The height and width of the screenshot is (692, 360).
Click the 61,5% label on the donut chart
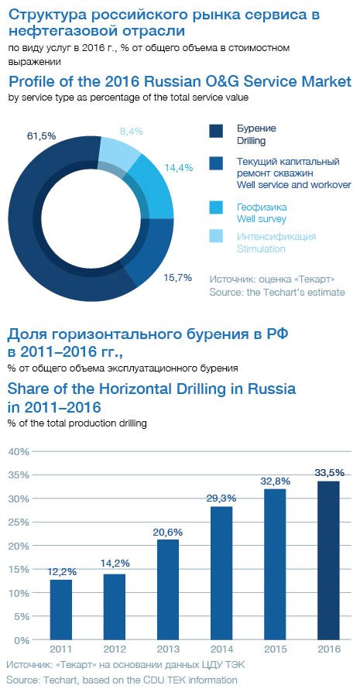click(41, 136)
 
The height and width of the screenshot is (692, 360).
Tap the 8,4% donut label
click(132, 131)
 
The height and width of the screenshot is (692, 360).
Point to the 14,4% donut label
click(179, 168)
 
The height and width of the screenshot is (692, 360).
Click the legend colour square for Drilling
click(216, 131)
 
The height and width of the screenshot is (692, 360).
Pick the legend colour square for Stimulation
click(216, 236)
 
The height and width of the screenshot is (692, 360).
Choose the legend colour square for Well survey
click(216, 207)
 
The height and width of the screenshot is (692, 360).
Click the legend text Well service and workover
click(294, 184)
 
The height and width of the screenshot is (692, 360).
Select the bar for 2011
click(61, 609)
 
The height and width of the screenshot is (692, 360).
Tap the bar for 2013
click(168, 590)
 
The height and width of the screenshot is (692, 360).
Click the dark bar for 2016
click(329, 560)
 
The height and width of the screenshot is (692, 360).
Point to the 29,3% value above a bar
click(221, 498)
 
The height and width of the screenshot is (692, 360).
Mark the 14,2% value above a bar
click(115, 564)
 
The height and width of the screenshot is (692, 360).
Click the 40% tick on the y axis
click(19, 451)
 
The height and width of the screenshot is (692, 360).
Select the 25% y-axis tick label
click(19, 522)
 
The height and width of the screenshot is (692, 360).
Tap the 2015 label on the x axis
click(276, 649)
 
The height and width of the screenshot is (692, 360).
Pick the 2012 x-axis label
click(115, 649)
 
